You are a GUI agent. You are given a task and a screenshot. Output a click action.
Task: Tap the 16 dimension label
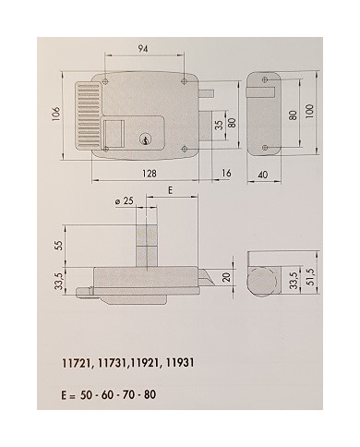tap(225, 174)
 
